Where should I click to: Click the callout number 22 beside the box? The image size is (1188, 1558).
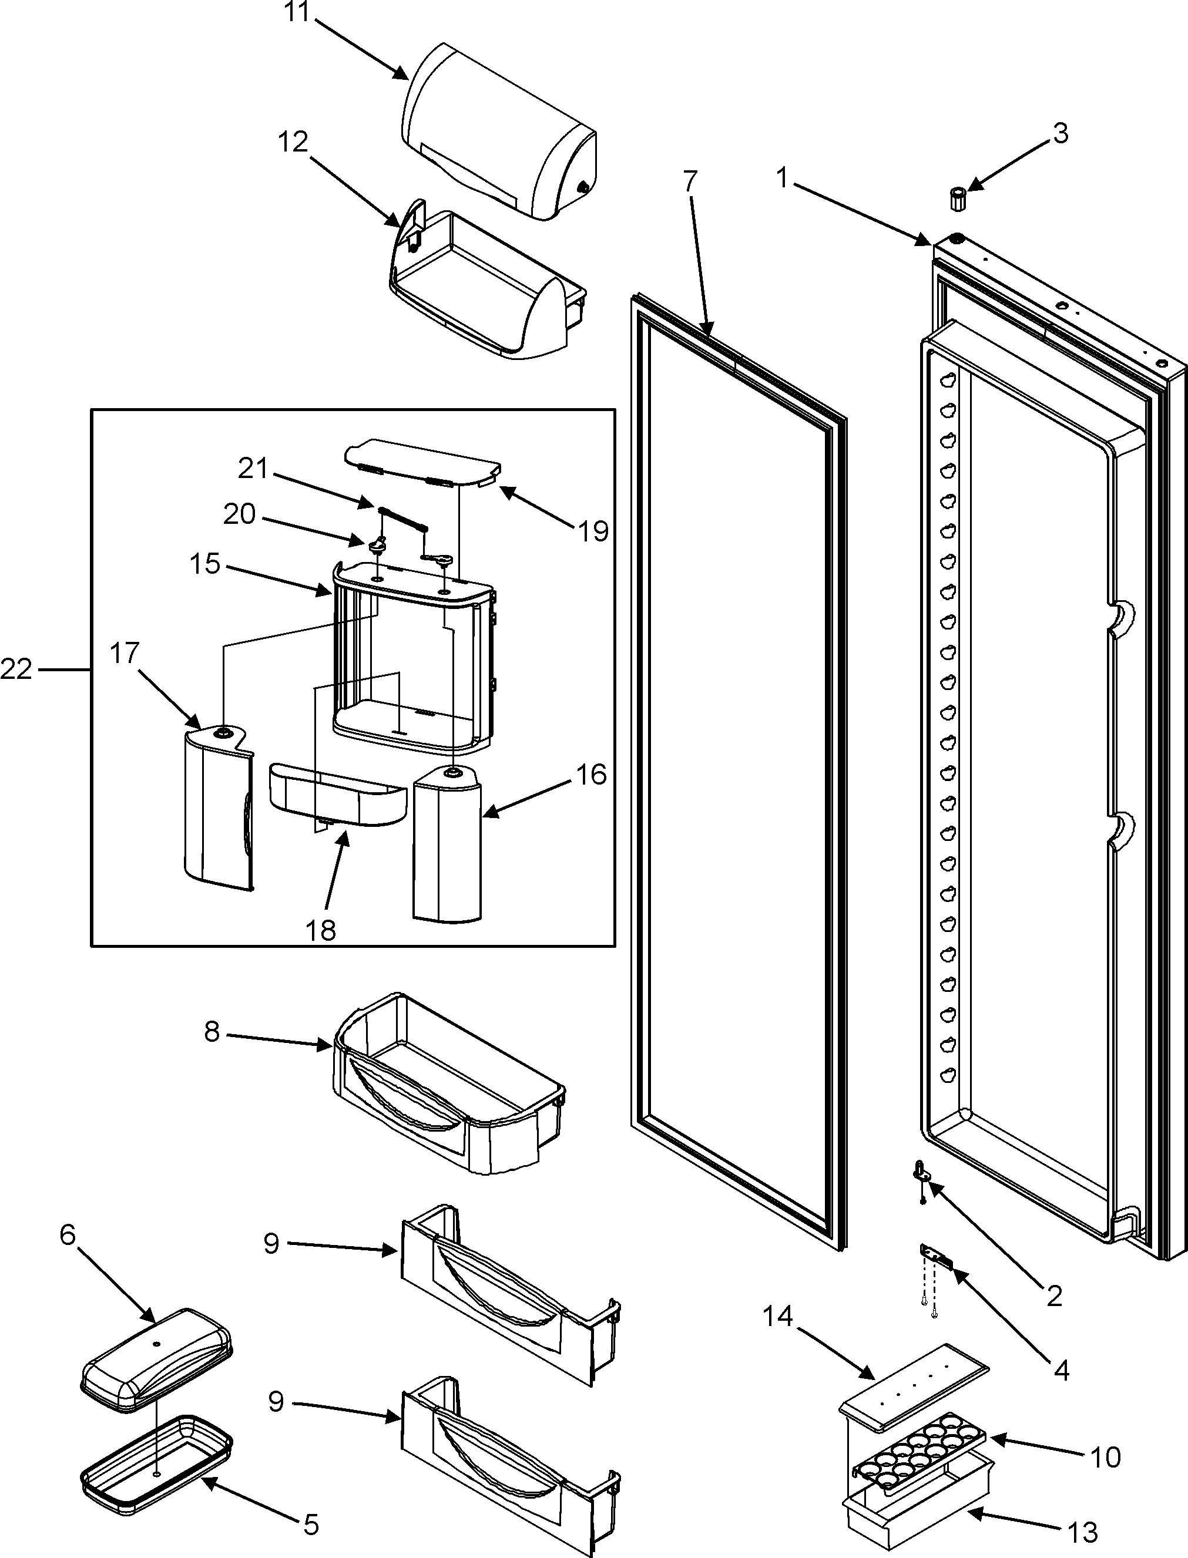[15, 669]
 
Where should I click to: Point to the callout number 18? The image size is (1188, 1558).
[320, 930]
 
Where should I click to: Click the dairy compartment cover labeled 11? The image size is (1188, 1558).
[499, 131]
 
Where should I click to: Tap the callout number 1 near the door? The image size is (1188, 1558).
[781, 178]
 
